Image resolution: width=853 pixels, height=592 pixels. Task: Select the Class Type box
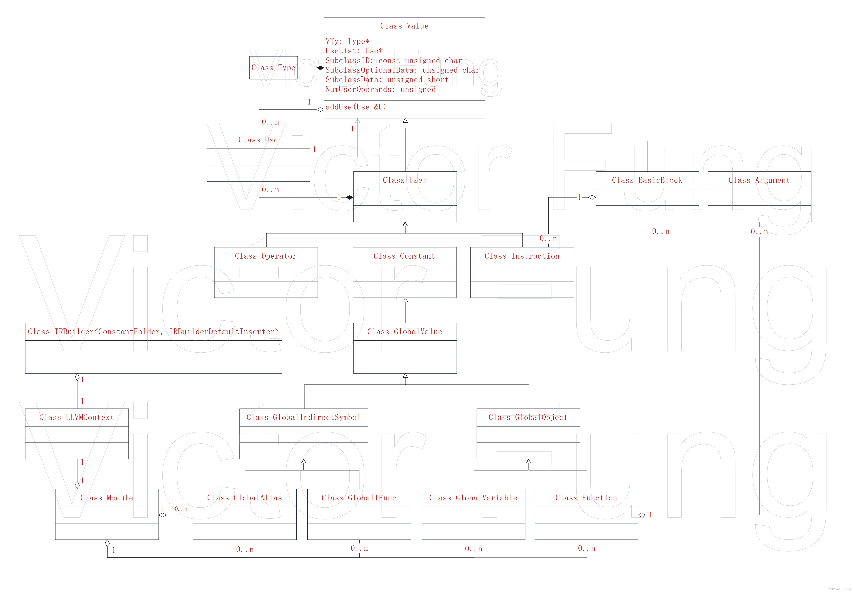273,67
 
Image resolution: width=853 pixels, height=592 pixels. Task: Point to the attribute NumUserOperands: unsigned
380,89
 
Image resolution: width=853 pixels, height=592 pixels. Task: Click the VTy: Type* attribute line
347,41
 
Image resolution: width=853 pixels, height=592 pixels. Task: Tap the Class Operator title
266,256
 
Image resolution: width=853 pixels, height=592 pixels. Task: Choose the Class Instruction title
522,256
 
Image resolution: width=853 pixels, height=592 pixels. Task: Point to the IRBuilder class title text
153,332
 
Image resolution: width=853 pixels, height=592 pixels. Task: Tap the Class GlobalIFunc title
359,498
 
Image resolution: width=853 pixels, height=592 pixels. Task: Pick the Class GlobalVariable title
473,498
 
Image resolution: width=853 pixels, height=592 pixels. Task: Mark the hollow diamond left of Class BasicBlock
592,197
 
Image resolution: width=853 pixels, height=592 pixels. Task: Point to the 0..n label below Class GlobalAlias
245,550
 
